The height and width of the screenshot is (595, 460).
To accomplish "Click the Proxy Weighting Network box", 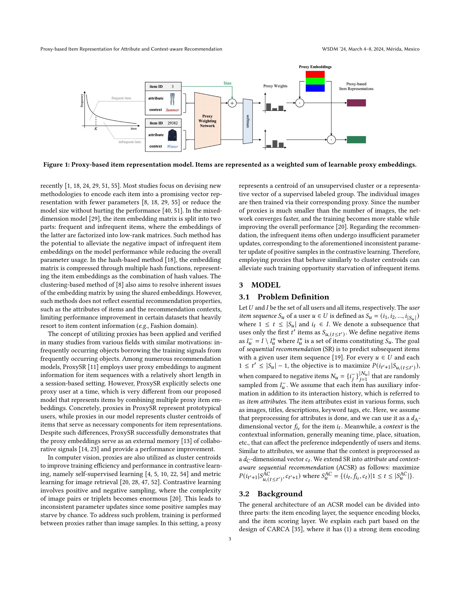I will point(207,121).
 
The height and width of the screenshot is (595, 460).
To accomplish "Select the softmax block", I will point(247,121).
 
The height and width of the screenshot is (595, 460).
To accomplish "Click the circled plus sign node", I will point(232,103).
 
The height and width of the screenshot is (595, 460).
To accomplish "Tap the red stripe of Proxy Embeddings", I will point(315,74).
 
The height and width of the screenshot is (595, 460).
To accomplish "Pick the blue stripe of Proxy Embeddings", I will point(315,88).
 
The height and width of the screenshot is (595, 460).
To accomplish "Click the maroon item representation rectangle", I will point(356,103).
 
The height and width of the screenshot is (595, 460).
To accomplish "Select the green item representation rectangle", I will point(356,140).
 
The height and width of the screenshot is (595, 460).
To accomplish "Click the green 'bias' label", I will point(227,83).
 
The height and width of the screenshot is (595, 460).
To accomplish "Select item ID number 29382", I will point(173,123).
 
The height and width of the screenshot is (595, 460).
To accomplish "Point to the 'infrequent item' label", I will point(130,142).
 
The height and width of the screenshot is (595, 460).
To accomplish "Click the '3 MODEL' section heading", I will point(259,285).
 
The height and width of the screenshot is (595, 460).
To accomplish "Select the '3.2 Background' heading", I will point(280,494).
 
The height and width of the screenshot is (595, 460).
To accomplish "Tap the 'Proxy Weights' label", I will point(275,86).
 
